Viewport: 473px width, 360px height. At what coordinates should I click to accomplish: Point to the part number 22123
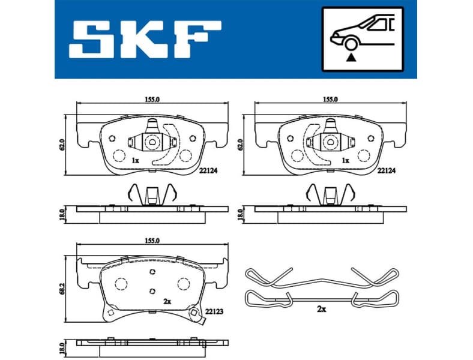214,311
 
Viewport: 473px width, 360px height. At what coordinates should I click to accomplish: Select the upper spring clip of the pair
323,277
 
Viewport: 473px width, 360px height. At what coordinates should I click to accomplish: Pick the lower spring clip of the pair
323,297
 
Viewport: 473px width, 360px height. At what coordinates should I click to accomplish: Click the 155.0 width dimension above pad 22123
152,241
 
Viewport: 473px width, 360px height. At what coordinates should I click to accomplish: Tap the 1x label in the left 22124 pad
135,161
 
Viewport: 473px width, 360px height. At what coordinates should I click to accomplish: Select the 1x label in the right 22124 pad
345,161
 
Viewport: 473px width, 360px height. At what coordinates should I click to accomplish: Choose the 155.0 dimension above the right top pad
331,99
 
